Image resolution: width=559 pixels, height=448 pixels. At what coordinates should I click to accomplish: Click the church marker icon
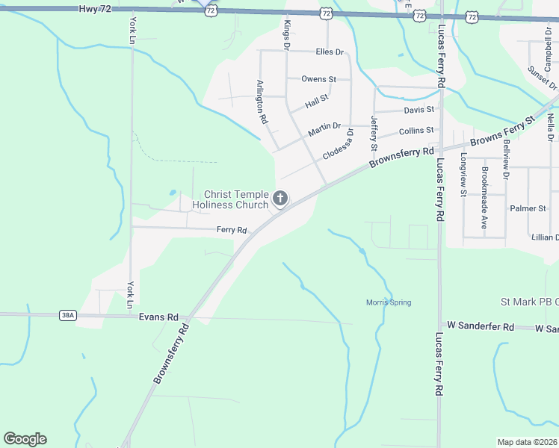click(280, 199)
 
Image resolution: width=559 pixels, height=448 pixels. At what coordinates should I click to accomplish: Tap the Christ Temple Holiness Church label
click(230, 199)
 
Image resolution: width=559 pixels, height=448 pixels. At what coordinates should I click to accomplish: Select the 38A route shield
click(68, 316)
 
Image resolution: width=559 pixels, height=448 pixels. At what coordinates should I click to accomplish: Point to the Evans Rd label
click(158, 317)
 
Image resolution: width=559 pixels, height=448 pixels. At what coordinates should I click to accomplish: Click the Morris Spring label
click(389, 302)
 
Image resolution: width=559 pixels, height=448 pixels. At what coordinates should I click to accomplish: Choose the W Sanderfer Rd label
click(481, 327)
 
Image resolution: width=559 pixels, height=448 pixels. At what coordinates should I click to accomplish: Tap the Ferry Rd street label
click(232, 230)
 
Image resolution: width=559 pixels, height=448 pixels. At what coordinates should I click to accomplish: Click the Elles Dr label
click(330, 52)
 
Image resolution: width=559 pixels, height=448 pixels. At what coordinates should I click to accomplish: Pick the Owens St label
click(319, 78)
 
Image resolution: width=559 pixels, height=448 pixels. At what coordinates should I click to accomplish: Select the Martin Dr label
click(324, 129)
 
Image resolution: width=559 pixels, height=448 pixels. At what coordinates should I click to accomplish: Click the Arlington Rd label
click(262, 102)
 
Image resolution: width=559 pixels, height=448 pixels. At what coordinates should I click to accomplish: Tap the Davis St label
click(419, 110)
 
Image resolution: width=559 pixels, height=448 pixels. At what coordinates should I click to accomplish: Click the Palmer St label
click(527, 208)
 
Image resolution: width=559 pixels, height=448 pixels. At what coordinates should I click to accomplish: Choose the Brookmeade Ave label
click(484, 197)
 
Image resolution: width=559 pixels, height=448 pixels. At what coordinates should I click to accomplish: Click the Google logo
click(25, 439)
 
